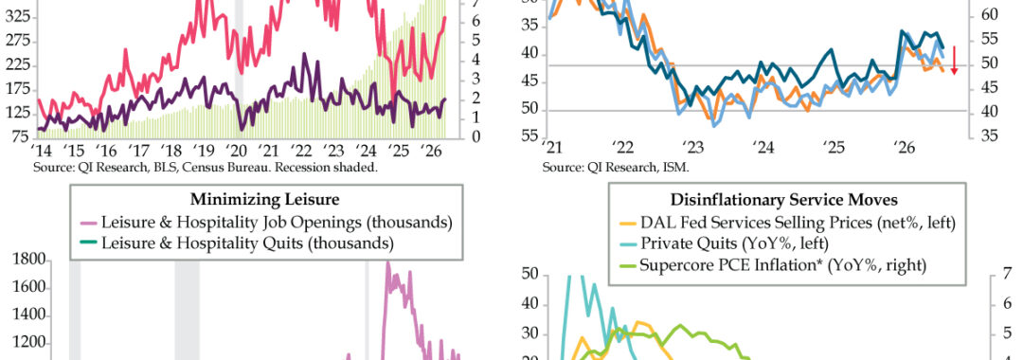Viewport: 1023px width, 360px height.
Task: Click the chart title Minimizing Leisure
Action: pos(265,199)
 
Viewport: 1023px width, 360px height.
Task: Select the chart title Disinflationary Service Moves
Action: pos(783,199)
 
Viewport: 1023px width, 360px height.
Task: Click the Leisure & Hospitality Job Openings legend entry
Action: pos(269,223)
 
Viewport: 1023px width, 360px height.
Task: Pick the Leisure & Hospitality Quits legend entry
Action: pos(240,243)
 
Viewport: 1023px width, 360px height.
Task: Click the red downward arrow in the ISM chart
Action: pos(953,60)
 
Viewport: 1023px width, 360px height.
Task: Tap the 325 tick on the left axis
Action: pos(18,18)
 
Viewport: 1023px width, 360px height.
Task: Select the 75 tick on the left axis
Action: pos(22,137)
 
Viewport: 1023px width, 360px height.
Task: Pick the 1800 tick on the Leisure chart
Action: pos(31,261)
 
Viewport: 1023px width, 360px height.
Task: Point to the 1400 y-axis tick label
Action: pos(31,316)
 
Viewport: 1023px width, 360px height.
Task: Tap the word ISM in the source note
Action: pos(678,167)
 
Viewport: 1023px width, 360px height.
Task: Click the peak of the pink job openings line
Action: pos(387,262)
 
